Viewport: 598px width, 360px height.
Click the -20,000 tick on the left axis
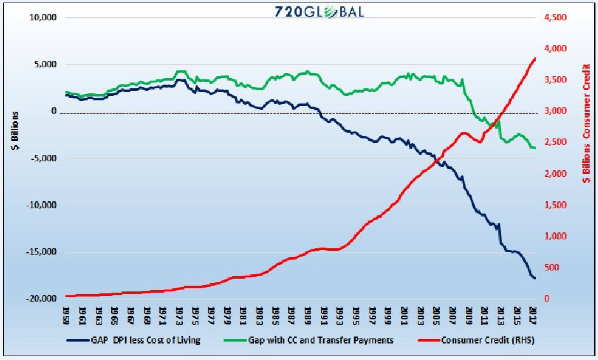42,299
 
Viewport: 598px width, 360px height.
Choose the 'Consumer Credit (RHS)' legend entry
482,340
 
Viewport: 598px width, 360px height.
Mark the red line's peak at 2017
535,58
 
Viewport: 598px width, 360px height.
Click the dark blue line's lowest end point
535,278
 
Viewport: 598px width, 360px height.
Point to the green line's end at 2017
535,148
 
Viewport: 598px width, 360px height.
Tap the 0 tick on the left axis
53,112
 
